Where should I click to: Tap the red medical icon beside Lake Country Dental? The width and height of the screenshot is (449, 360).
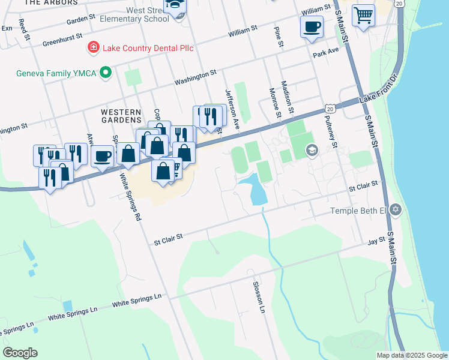coord(93,47)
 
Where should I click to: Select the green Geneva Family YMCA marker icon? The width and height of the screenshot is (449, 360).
coord(106,74)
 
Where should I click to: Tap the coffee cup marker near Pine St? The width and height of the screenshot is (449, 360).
coord(312,27)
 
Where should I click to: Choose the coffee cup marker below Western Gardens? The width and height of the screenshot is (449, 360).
coord(103,157)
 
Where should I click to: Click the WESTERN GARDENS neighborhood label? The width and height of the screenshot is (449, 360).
coord(121,112)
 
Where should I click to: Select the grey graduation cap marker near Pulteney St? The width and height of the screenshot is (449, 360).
coord(311,150)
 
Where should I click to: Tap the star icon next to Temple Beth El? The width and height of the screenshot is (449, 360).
coord(394,209)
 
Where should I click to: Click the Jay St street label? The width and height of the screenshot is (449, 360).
coord(376,241)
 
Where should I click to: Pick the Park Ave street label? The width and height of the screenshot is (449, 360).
coord(326,53)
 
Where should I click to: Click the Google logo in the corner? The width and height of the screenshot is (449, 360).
coord(20,353)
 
